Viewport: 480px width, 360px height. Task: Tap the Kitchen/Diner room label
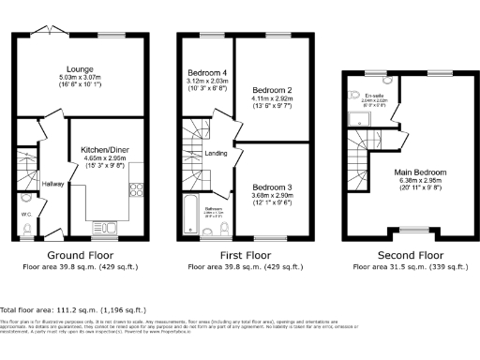[105, 150]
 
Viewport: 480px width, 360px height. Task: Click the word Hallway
[52, 184]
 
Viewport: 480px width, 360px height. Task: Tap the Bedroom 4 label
[205, 73]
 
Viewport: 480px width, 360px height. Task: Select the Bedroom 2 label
[272, 90]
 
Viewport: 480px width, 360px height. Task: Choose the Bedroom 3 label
[272, 187]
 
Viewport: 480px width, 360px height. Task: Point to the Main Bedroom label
[419, 173]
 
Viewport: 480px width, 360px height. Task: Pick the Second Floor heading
[410, 255]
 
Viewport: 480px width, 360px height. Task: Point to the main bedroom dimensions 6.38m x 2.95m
[419, 183]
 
